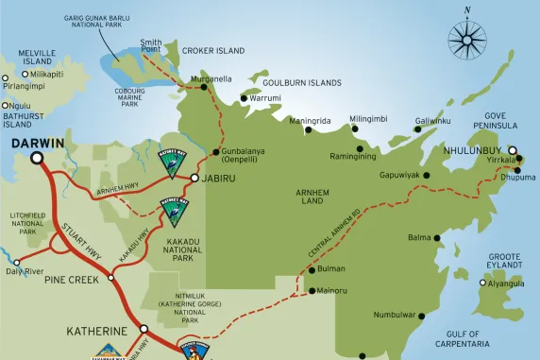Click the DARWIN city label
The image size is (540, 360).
click(x=38, y=144)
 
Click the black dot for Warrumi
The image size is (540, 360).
click(x=244, y=97)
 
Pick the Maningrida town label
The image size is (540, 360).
click(x=310, y=121)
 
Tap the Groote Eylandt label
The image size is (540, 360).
click(x=505, y=262)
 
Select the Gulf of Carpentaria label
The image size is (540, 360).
click(x=463, y=339)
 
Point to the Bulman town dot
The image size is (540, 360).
click(x=312, y=270)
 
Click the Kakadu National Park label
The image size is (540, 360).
click(x=182, y=249)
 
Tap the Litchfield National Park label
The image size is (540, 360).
click(x=28, y=223)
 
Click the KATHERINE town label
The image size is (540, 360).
click(x=95, y=332)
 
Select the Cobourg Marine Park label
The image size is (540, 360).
click(x=129, y=97)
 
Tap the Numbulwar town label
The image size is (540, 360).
click(x=394, y=314)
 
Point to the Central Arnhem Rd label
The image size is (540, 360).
click(x=334, y=233)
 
